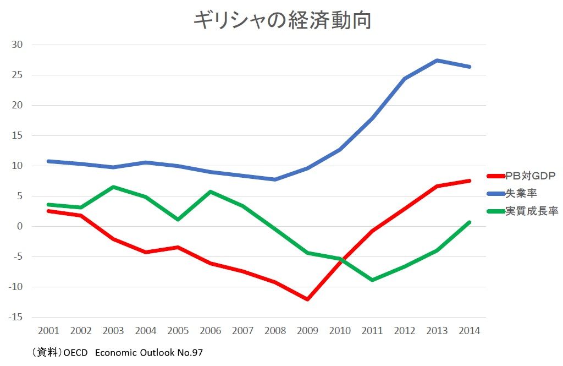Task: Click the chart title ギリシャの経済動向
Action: [282, 20]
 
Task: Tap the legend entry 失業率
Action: [521, 193]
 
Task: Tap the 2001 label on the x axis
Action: [49, 331]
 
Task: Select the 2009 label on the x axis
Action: [307, 331]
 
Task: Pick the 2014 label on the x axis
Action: [469, 331]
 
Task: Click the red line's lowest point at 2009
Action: [307, 299]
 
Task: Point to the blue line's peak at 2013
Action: [437, 60]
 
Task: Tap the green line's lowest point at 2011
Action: [372, 280]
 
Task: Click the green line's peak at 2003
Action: [113, 187]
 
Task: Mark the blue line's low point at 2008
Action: [275, 179]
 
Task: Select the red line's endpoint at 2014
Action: [469, 181]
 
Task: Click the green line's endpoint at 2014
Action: [469, 222]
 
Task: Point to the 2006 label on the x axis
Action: [211, 331]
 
